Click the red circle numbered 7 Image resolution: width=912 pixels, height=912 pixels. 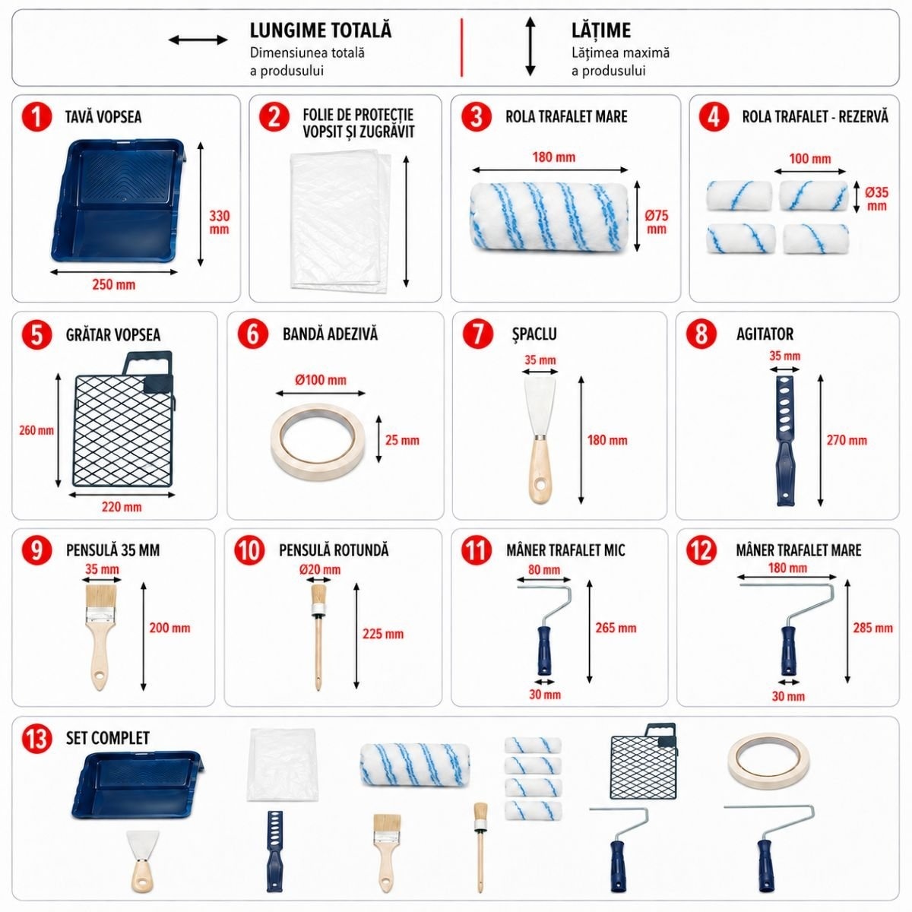point(477,334)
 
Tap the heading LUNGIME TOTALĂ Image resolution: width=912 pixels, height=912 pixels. point(321,30)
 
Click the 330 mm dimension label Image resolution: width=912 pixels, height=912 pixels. point(219,223)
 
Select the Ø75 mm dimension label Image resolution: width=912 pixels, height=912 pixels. point(656,222)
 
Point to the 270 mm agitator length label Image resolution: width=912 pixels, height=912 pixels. point(847,440)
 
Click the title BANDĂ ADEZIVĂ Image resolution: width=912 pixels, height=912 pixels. point(331,334)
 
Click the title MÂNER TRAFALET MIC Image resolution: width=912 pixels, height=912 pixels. point(565,550)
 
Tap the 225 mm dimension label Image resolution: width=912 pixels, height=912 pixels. point(383,634)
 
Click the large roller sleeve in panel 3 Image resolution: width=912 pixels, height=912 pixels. point(549,217)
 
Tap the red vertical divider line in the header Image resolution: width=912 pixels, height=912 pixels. point(462,47)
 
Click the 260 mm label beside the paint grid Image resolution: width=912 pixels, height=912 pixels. point(36,430)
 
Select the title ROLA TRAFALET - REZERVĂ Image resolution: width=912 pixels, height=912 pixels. point(815,117)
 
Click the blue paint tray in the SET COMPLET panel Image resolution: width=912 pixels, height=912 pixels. point(138,784)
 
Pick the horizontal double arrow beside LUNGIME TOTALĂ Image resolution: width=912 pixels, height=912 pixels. point(198,40)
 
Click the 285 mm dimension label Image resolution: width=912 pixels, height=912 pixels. point(872,628)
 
